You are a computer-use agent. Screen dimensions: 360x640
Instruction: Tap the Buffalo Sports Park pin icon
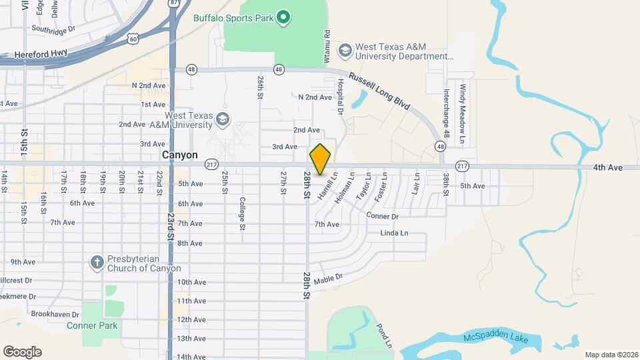(x=283, y=17)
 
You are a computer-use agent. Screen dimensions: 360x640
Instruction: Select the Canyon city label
(x=180, y=155)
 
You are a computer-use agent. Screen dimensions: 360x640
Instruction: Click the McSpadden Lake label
(x=496, y=340)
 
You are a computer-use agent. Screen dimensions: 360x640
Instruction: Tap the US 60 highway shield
(x=133, y=40)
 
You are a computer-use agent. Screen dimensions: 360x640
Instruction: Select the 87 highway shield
(x=173, y=3)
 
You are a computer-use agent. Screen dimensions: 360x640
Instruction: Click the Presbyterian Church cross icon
(x=96, y=262)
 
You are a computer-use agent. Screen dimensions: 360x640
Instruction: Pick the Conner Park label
(x=92, y=325)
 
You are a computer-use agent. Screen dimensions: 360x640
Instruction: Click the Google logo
(x=22, y=352)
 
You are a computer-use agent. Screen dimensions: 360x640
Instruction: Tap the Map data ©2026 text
(x=611, y=355)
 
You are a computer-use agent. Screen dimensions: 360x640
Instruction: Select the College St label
(x=243, y=213)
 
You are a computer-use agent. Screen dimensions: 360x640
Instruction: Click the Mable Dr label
(x=327, y=278)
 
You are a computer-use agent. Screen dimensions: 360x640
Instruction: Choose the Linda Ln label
(x=393, y=233)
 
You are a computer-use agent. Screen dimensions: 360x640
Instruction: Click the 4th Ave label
(x=608, y=167)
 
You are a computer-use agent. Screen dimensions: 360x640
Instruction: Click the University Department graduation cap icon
(x=345, y=51)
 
